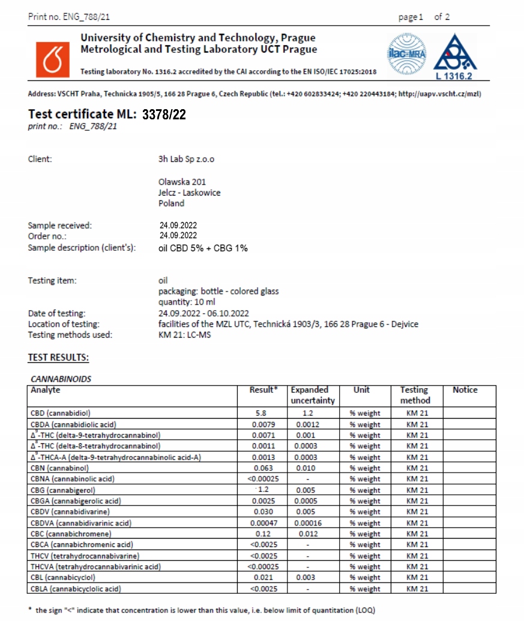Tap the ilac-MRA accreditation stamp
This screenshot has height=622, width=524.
tap(407, 55)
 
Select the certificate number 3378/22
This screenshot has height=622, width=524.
tap(164, 115)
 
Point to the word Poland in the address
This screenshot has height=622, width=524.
tap(172, 203)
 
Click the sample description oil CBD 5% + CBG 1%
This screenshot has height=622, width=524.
tap(203, 248)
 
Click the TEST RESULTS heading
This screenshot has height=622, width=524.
tap(58, 357)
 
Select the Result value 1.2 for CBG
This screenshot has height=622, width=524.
tap(263, 490)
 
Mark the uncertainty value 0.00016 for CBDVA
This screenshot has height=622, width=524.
tap(307, 523)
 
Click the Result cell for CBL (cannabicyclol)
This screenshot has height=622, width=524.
tap(263, 578)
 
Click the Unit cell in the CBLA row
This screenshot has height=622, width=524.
tap(365, 589)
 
